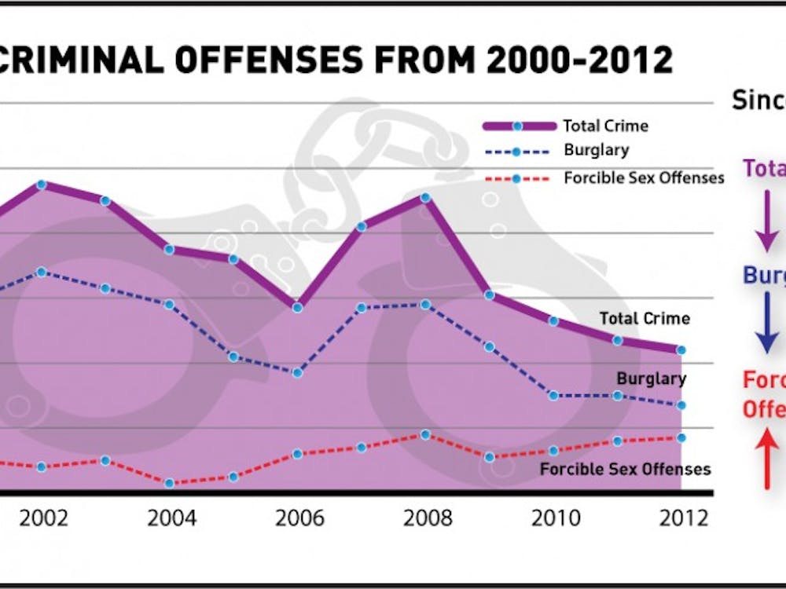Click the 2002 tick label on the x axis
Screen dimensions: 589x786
(43, 519)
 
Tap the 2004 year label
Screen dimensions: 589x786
(171, 519)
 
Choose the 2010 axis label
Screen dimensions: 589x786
(555, 519)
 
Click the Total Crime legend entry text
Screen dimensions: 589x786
(605, 126)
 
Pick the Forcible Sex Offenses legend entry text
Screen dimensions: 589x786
(644, 177)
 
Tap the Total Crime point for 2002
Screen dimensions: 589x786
(42, 185)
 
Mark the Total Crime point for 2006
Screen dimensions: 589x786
(298, 307)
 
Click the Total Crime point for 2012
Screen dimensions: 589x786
(681, 349)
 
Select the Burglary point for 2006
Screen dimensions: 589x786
(298, 372)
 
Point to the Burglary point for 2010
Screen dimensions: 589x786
(553, 395)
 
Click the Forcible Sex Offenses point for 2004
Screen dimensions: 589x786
(170, 483)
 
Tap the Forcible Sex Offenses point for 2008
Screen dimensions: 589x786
(425, 434)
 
